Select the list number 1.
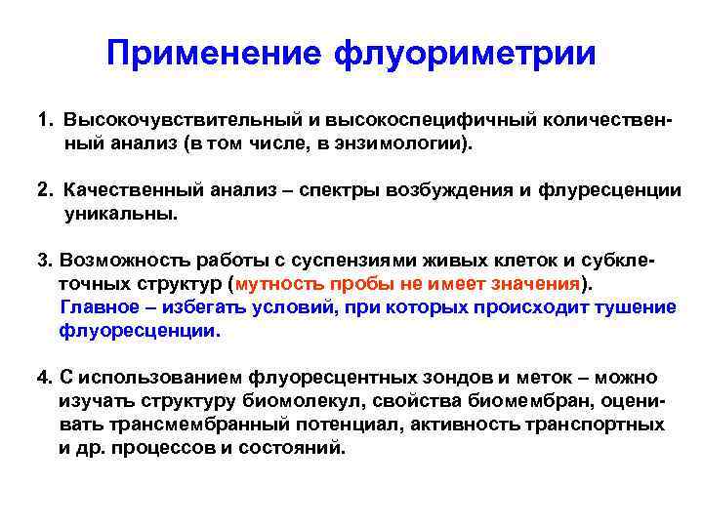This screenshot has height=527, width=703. pos(44,119)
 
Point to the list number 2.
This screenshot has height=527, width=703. pos(44,189)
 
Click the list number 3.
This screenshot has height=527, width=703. pos(44,261)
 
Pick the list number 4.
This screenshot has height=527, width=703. pos(44,378)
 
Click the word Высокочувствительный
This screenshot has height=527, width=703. pos(160,119)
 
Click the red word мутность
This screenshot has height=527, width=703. pos(278,284)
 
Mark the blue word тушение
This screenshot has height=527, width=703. pos(636,307)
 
